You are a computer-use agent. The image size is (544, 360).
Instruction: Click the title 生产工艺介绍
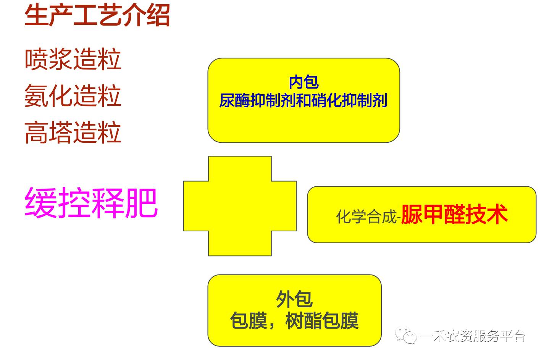(97, 16)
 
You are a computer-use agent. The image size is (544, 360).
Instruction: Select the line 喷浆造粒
(73, 59)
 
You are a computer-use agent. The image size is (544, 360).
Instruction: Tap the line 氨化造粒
(73, 95)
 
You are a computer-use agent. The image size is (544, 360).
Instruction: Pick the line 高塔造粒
(73, 132)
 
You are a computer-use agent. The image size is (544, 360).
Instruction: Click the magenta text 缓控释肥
(91, 203)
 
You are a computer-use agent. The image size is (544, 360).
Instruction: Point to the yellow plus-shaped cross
(240, 206)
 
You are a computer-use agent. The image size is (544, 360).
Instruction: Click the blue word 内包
(303, 82)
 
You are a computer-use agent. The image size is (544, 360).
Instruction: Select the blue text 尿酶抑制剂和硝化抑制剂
(303, 101)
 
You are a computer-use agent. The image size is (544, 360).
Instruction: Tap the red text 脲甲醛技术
(454, 214)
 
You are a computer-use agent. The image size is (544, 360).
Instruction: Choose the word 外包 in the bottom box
(294, 299)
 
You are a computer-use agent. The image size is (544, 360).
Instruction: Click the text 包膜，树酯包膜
(294, 321)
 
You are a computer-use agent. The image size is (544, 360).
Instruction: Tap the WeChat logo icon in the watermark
(406, 336)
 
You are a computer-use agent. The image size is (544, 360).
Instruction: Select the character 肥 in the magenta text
(141, 203)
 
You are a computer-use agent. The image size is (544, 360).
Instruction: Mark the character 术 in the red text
(497, 214)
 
